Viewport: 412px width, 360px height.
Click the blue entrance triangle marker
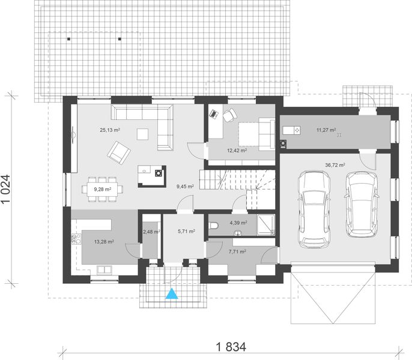pyautogui.click(x=172, y=293)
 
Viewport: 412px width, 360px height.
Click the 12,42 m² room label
pyautogui.click(x=237, y=151)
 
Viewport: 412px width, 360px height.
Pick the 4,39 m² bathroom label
pyautogui.click(x=238, y=223)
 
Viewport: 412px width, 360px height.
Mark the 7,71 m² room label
pyautogui.click(x=236, y=251)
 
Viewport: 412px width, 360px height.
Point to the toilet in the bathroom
pyautogui.click(x=215, y=226)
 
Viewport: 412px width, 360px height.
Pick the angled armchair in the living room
pyautogui.click(x=118, y=154)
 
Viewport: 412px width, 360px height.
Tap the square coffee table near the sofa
pyautogui.click(x=142, y=133)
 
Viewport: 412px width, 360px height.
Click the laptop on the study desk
pyautogui.click(x=213, y=112)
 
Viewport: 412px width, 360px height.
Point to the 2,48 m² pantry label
pyautogui.click(x=151, y=231)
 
